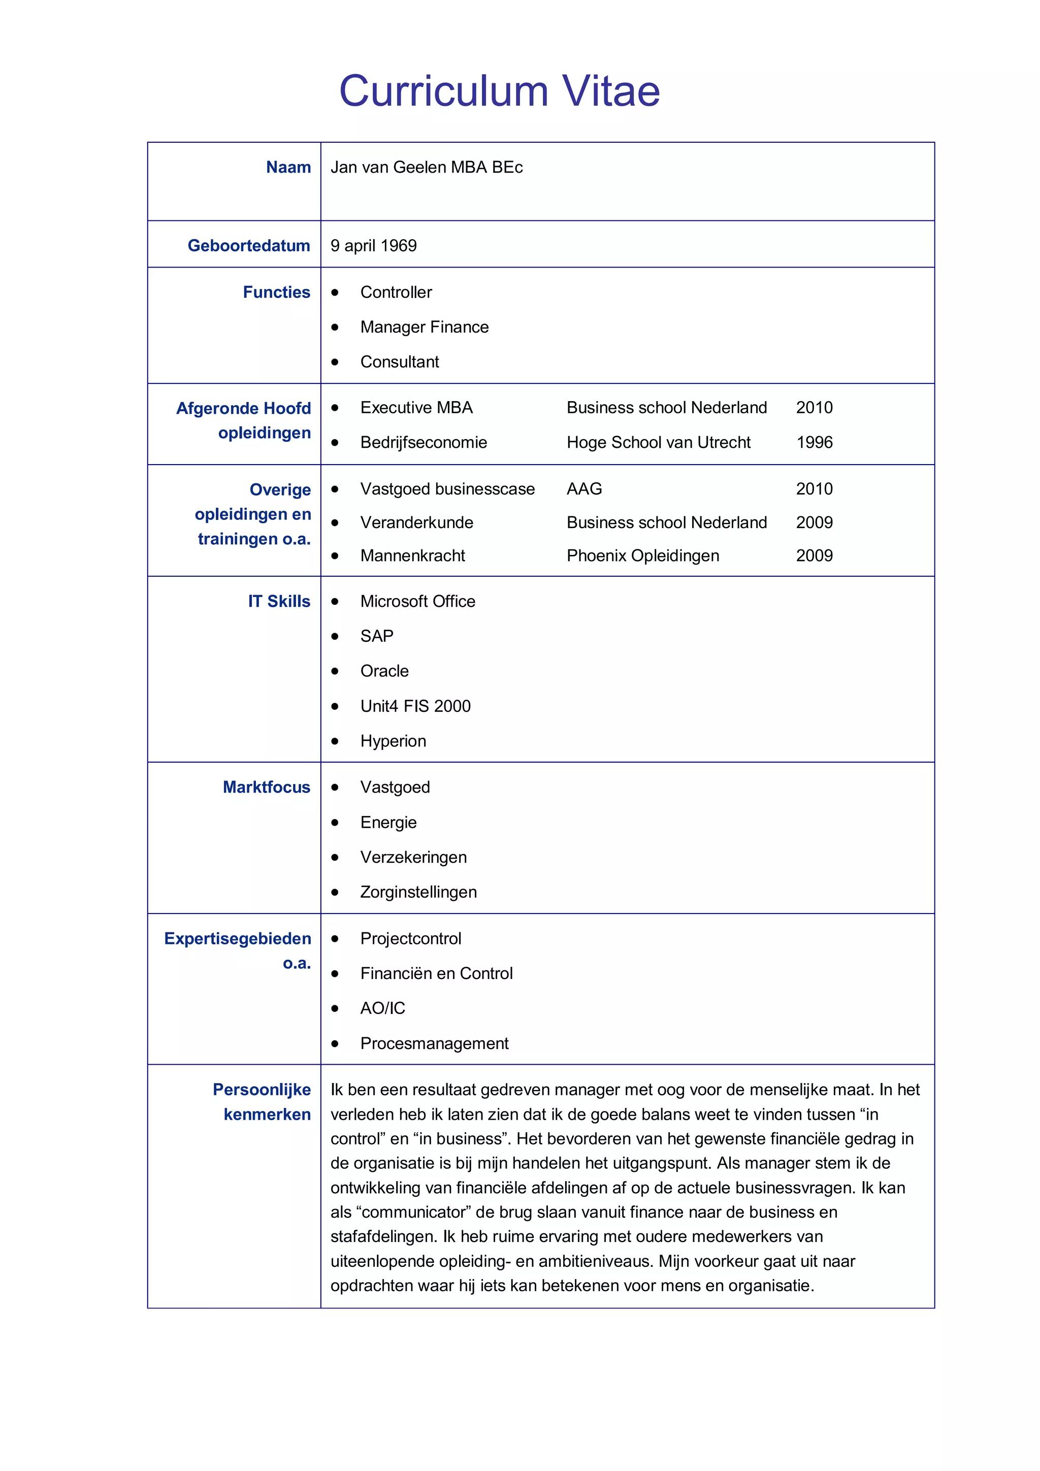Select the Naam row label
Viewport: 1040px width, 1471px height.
click(x=288, y=167)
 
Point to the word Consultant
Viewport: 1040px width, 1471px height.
click(x=399, y=362)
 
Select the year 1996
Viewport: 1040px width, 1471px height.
click(x=814, y=442)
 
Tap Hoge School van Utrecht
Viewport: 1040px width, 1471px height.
click(x=658, y=442)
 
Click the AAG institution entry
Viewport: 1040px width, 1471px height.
click(x=584, y=489)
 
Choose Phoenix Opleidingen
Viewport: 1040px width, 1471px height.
click(x=643, y=555)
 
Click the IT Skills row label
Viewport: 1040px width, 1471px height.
click(x=279, y=601)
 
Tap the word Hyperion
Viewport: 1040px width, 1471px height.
click(x=393, y=741)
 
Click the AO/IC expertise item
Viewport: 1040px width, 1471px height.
click(x=382, y=1008)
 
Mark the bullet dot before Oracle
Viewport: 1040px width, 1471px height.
click(x=335, y=671)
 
